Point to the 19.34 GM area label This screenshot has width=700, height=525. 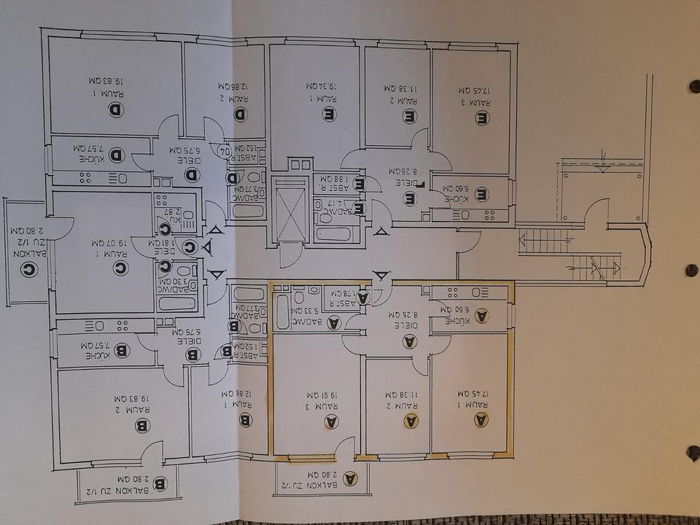(314, 86)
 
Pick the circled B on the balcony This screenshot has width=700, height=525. (161, 483)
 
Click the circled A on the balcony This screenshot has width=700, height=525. (350, 478)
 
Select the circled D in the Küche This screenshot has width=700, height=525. (117, 155)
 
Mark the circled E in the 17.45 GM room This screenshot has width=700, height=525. (482, 117)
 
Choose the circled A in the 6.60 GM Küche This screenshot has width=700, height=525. (481, 316)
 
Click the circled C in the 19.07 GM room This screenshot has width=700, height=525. (120, 268)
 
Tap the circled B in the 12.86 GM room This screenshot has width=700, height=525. (246, 420)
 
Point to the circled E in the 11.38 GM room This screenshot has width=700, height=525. (410, 115)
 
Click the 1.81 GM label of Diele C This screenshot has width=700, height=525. (166, 244)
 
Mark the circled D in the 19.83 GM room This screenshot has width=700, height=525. (117, 109)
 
